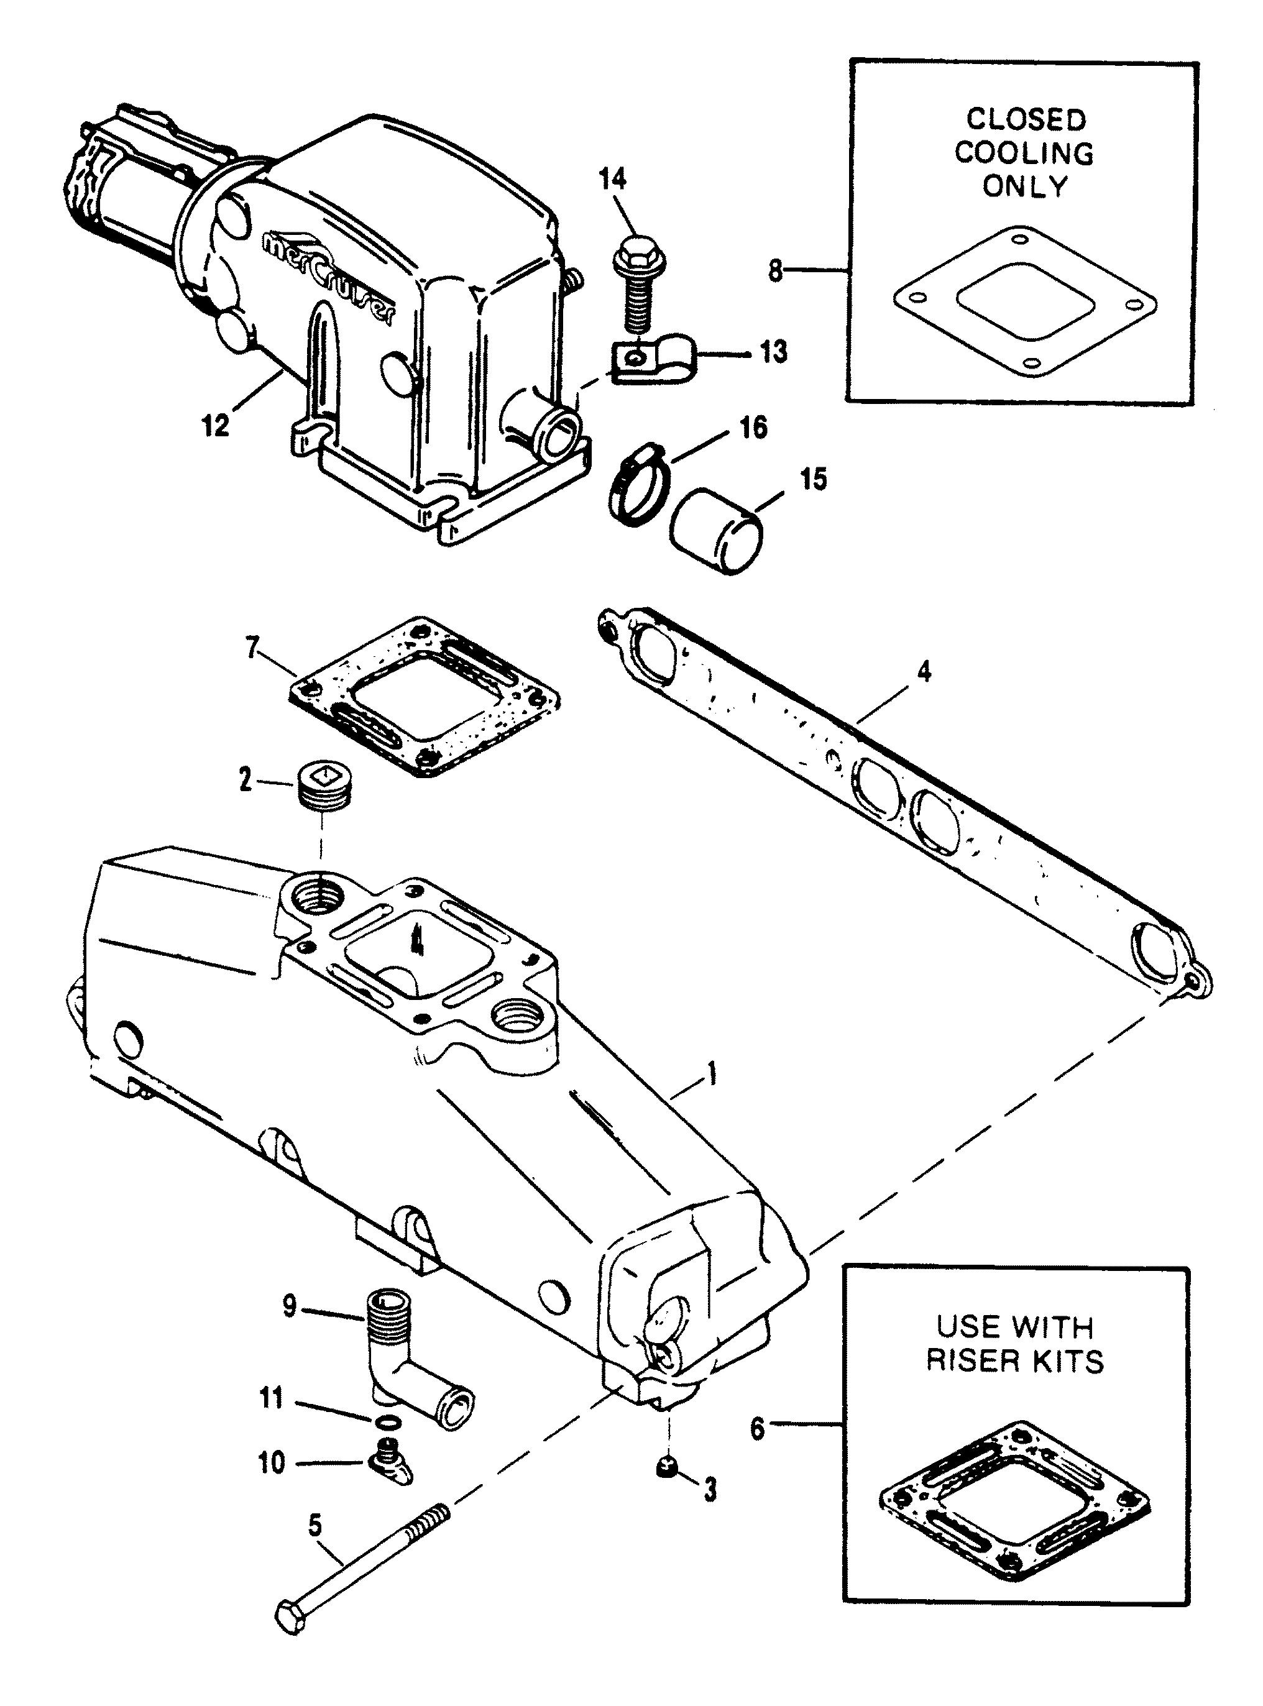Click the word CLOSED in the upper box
(x=1026, y=119)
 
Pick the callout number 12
(x=216, y=426)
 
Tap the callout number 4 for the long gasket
(x=924, y=672)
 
